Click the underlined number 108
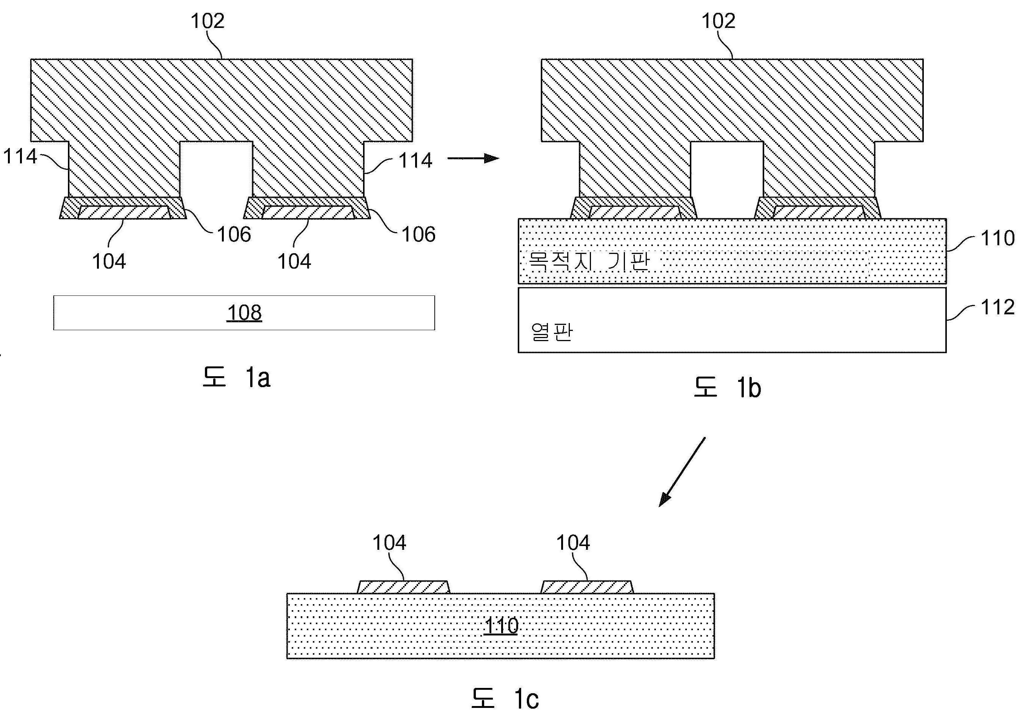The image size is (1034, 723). coord(244,313)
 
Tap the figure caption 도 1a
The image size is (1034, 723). coord(236,377)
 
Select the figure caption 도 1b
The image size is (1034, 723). coord(727,387)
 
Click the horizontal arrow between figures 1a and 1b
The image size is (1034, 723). coord(473,158)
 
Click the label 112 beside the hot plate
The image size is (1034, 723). coord(997,307)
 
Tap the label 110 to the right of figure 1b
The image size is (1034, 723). coord(997,238)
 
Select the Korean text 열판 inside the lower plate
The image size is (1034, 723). coord(551,332)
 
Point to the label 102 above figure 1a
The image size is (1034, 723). coord(207,21)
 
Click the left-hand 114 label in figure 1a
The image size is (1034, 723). coord(20,156)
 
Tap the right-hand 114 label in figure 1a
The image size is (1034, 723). coord(415,160)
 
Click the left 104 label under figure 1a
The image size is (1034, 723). coord(109,261)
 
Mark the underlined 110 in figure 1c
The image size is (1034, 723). coord(501,625)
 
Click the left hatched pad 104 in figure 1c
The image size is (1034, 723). coord(403,587)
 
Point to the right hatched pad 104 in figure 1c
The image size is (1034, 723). coord(587,587)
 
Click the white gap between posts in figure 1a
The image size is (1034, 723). coord(216,169)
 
